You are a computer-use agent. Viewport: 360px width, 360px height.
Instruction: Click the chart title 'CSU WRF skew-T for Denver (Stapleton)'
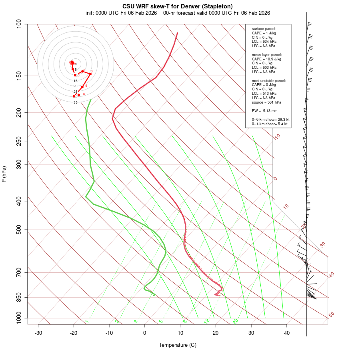coord(178,6)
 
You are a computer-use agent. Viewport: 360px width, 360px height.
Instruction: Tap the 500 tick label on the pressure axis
coord(20,230)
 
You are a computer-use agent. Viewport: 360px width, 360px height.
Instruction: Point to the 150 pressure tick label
coord(20,76)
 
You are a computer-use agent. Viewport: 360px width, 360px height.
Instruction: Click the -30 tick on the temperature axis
coord(38,333)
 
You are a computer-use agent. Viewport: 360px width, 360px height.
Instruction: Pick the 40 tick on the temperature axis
coord(287,333)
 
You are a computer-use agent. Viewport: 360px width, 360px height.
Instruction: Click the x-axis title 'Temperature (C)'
coord(178,345)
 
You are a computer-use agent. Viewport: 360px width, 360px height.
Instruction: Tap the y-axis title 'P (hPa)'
coord(4,174)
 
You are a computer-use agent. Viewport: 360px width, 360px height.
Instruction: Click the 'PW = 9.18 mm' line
coord(264,111)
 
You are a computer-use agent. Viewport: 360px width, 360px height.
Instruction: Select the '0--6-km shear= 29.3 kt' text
coord(270,120)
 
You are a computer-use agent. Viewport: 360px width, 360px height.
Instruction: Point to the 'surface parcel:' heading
coord(264,29)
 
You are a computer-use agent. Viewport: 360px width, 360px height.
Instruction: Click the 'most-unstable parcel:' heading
coord(269,80)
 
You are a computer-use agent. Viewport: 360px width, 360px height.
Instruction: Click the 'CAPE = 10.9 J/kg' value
coord(266,59)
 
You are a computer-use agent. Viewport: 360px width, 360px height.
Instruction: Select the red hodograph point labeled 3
coord(90,74)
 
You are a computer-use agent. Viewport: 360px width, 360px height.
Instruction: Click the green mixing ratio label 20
coord(235,321)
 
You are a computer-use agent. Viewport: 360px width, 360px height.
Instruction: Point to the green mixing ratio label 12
coord(207,321)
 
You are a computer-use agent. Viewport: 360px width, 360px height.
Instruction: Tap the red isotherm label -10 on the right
coord(277,137)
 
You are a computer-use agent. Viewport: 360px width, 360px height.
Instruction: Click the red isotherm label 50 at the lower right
coord(332,315)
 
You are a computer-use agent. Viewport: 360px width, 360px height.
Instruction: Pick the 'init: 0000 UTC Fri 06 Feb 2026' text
coord(121,13)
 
